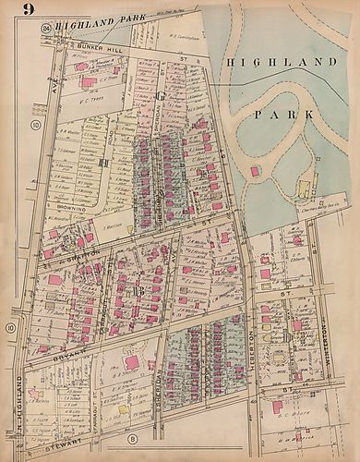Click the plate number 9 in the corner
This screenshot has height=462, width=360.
point(17,12)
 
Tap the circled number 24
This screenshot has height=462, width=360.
point(45,30)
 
